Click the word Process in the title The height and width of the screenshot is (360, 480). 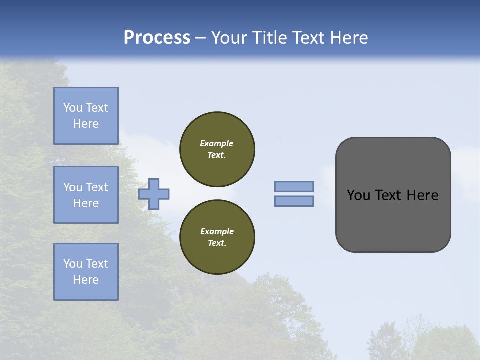tap(157, 38)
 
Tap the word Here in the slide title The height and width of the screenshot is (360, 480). tap(348, 38)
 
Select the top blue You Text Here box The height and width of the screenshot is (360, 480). tap(86, 116)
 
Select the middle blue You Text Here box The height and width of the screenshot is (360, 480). tap(86, 195)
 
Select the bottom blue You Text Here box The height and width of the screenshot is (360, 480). tap(86, 272)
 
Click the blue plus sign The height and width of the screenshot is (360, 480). tap(154, 194)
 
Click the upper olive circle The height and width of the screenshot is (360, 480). tap(217, 149)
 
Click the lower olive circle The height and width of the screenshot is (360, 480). tap(217, 237)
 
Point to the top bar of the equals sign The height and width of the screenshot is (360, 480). tap(294, 186)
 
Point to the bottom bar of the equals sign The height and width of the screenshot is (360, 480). tap(294, 201)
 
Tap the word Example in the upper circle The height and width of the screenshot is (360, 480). tap(217, 143)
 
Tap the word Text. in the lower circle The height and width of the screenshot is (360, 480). tap(217, 243)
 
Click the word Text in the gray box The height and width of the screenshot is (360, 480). tap(389, 195)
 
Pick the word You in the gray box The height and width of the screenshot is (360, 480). tap(358, 195)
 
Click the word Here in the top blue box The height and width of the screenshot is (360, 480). tap(86, 124)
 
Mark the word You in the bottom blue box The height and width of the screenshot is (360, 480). tap(73, 264)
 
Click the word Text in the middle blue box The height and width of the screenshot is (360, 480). tap(97, 187)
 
